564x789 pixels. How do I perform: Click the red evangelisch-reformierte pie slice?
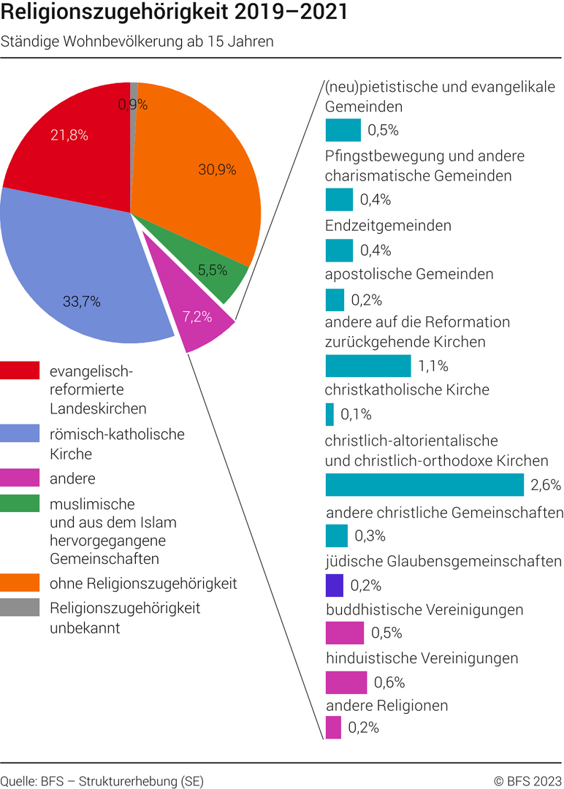point(69,146)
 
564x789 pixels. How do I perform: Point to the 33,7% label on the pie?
point(80,301)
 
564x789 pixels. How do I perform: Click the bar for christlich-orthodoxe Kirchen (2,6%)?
point(424,485)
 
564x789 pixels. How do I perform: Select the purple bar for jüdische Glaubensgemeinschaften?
point(335,585)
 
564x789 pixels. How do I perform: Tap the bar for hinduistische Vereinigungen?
point(346,682)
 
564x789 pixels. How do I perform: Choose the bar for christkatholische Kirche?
point(329,414)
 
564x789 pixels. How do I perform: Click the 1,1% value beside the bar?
point(433,366)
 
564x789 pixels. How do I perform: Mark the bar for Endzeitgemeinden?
point(339,250)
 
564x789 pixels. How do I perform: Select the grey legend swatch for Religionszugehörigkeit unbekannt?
point(20,608)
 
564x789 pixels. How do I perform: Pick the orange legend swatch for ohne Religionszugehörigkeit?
point(20,584)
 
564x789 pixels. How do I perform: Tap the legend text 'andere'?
point(72,479)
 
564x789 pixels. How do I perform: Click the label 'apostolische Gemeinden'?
point(409,274)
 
